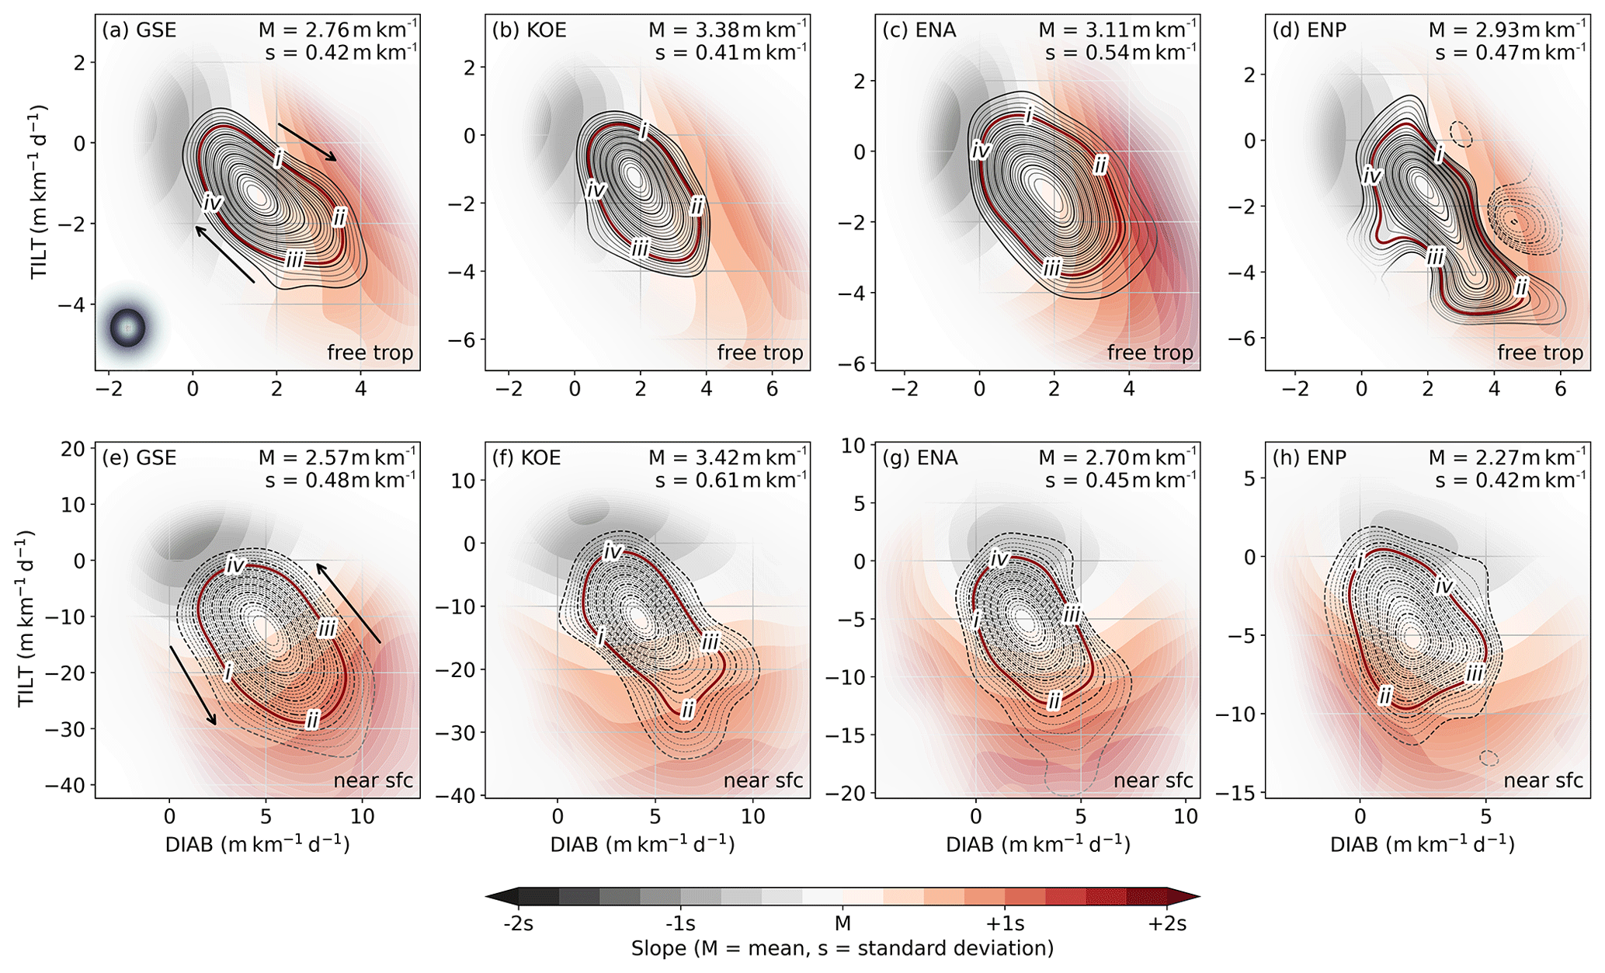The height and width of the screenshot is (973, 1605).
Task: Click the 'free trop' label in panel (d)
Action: [x=1540, y=353]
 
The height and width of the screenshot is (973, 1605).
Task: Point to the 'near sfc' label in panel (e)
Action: [x=373, y=780]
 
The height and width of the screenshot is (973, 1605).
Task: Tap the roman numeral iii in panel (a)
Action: [x=294, y=259]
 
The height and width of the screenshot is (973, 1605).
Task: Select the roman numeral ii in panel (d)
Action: [x=1521, y=287]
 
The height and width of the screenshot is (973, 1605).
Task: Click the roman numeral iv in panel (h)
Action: [x=1443, y=586]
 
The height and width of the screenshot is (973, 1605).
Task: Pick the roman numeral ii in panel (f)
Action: [x=687, y=709]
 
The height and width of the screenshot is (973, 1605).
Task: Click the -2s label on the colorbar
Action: [x=518, y=924]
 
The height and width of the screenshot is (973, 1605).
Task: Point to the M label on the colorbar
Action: [x=842, y=924]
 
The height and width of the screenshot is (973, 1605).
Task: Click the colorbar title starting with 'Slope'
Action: [x=842, y=948]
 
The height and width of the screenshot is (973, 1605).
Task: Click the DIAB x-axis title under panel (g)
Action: [x=1037, y=844]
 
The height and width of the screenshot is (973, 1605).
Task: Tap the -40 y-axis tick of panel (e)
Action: [x=71, y=785]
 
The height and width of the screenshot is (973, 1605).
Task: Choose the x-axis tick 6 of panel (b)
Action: [x=772, y=389]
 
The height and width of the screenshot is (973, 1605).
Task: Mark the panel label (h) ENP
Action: [x=1309, y=457]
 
